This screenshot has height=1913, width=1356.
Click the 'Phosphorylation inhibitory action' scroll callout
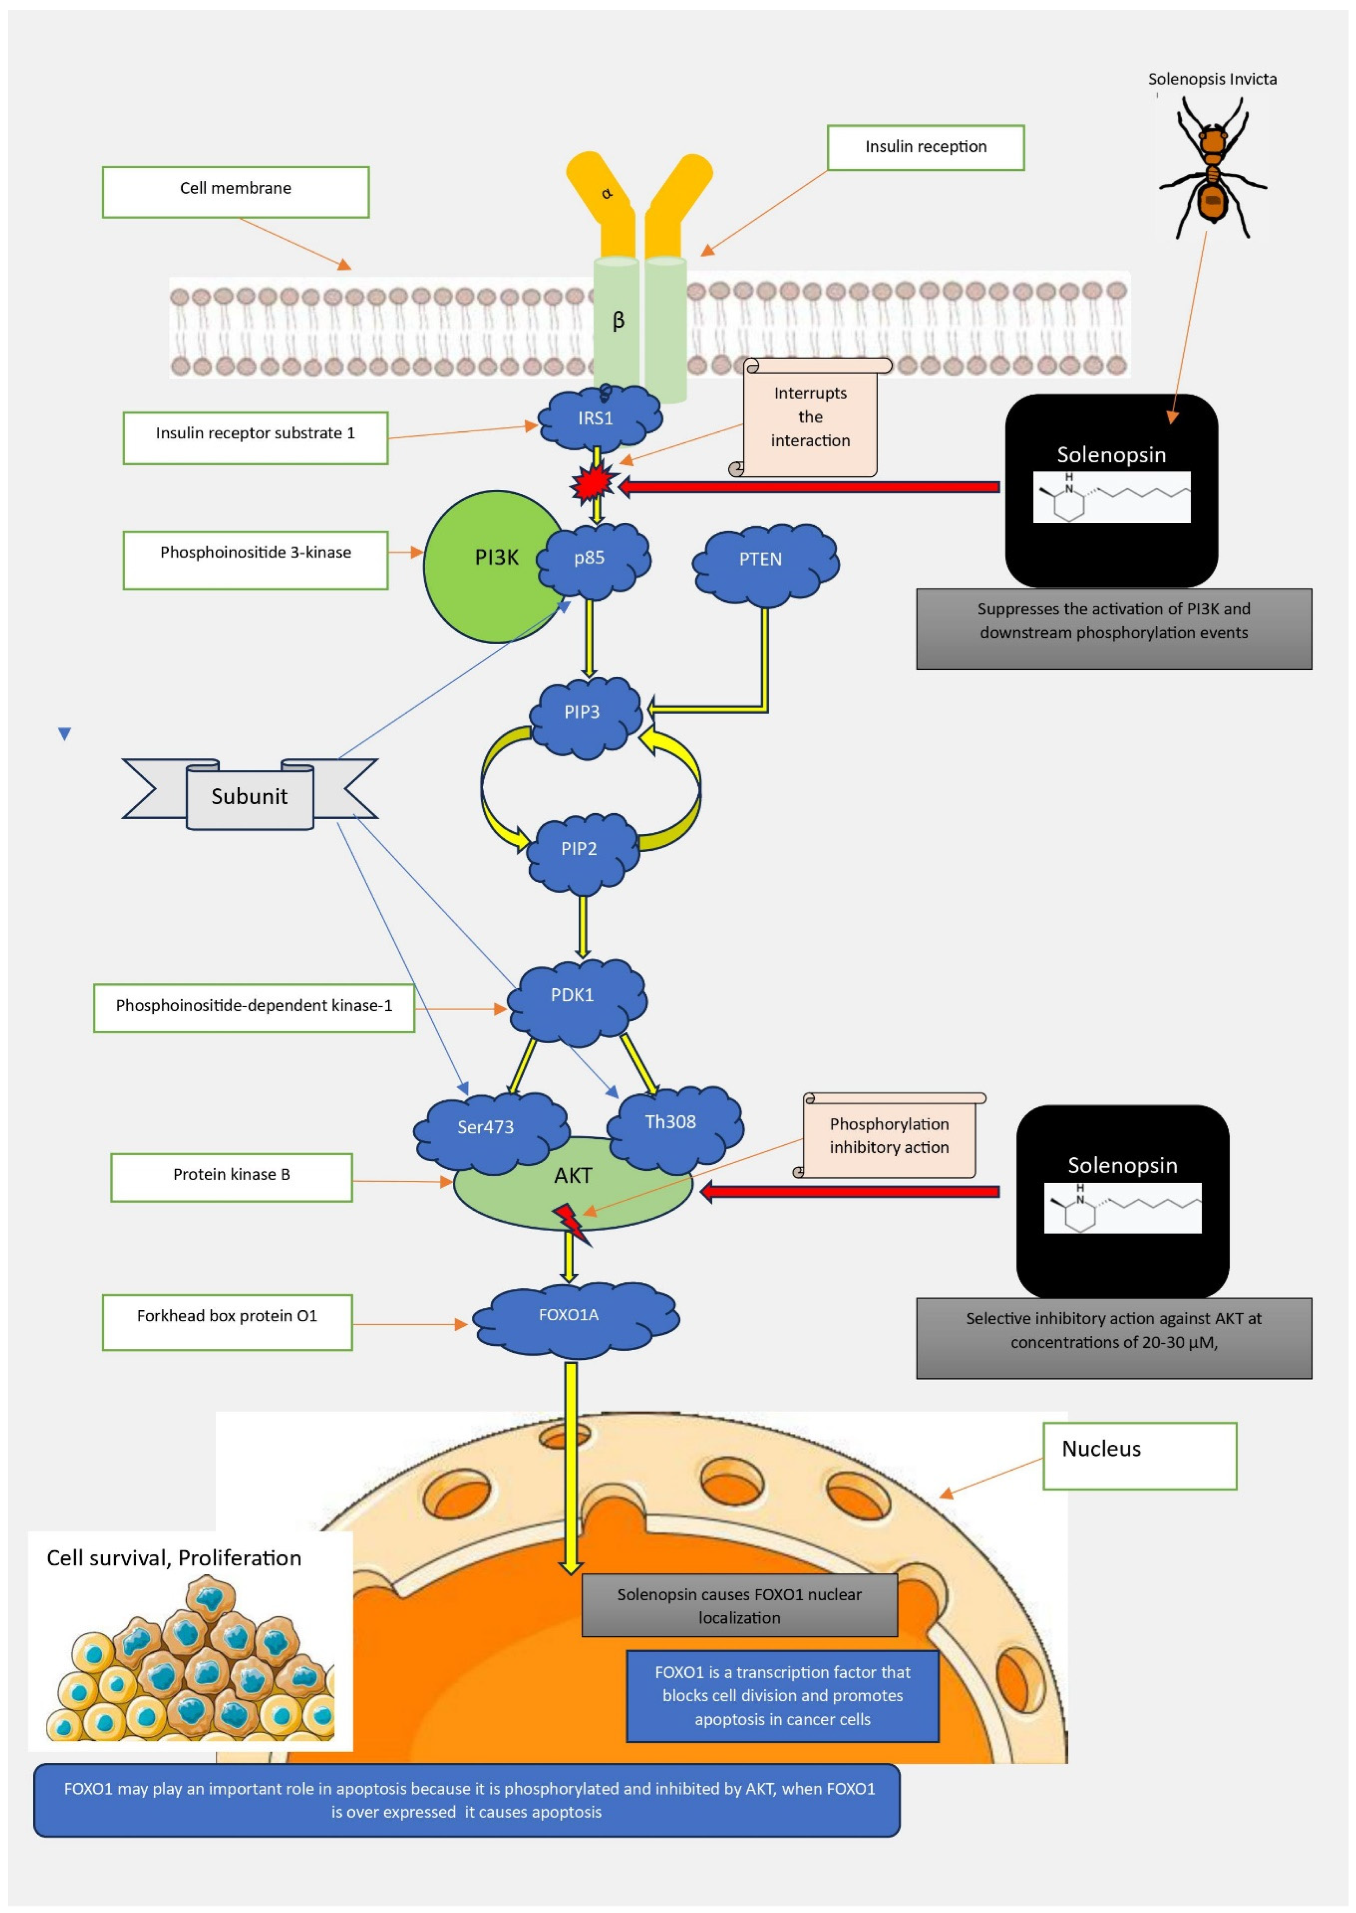[889, 1136]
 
